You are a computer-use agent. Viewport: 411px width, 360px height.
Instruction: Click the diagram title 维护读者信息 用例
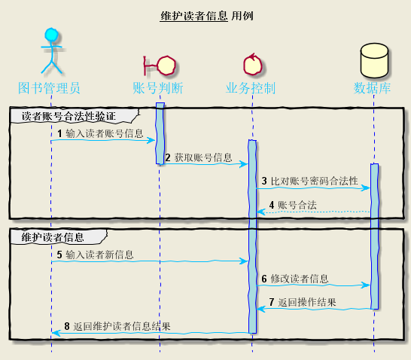click(206, 15)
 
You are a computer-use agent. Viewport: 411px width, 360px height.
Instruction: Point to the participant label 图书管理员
click(50, 88)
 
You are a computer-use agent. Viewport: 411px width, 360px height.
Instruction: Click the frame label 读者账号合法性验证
click(69, 116)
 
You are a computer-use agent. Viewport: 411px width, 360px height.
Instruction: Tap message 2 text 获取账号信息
click(203, 157)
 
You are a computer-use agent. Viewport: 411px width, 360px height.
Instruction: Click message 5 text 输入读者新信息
click(99, 255)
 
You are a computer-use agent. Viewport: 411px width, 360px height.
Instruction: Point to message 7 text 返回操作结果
click(307, 303)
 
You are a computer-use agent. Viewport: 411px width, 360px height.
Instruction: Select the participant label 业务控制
click(251, 88)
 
